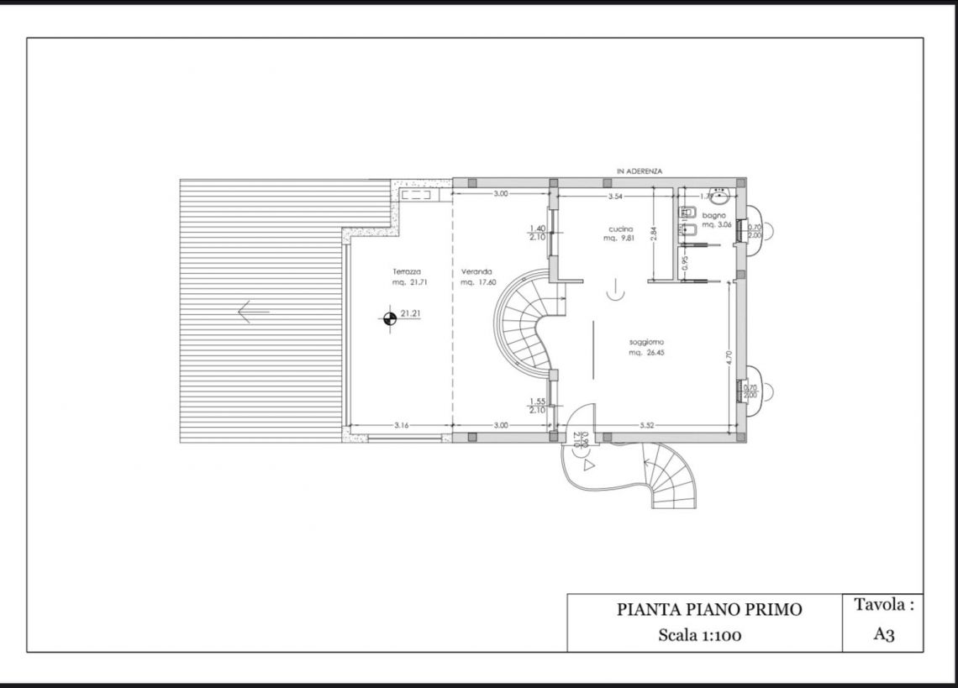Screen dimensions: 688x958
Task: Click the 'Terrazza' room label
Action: pos(406,271)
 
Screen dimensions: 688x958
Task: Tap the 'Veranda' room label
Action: pos(476,271)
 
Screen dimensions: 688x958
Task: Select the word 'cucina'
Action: pos(621,228)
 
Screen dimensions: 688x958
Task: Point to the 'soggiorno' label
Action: pos(647,342)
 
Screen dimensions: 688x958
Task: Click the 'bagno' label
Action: pos(714,215)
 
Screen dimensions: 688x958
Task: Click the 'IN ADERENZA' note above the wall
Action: pos(640,171)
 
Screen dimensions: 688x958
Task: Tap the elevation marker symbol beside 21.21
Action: pos(389,318)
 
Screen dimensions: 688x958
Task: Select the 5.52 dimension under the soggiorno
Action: pos(646,426)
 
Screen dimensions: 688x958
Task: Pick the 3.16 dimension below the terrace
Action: pos(401,426)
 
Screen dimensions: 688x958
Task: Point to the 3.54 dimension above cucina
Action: pos(615,196)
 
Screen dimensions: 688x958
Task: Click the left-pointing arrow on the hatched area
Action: pos(253,312)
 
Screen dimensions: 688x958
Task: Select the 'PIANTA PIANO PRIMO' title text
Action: pos(709,610)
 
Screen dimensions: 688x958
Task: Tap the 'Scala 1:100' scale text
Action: pos(699,635)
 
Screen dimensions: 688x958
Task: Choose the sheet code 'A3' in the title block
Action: pos(883,634)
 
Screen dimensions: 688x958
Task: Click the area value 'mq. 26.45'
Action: pos(645,353)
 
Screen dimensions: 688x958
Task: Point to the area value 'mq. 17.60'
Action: pos(476,282)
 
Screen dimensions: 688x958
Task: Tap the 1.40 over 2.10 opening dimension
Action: pos(538,233)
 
